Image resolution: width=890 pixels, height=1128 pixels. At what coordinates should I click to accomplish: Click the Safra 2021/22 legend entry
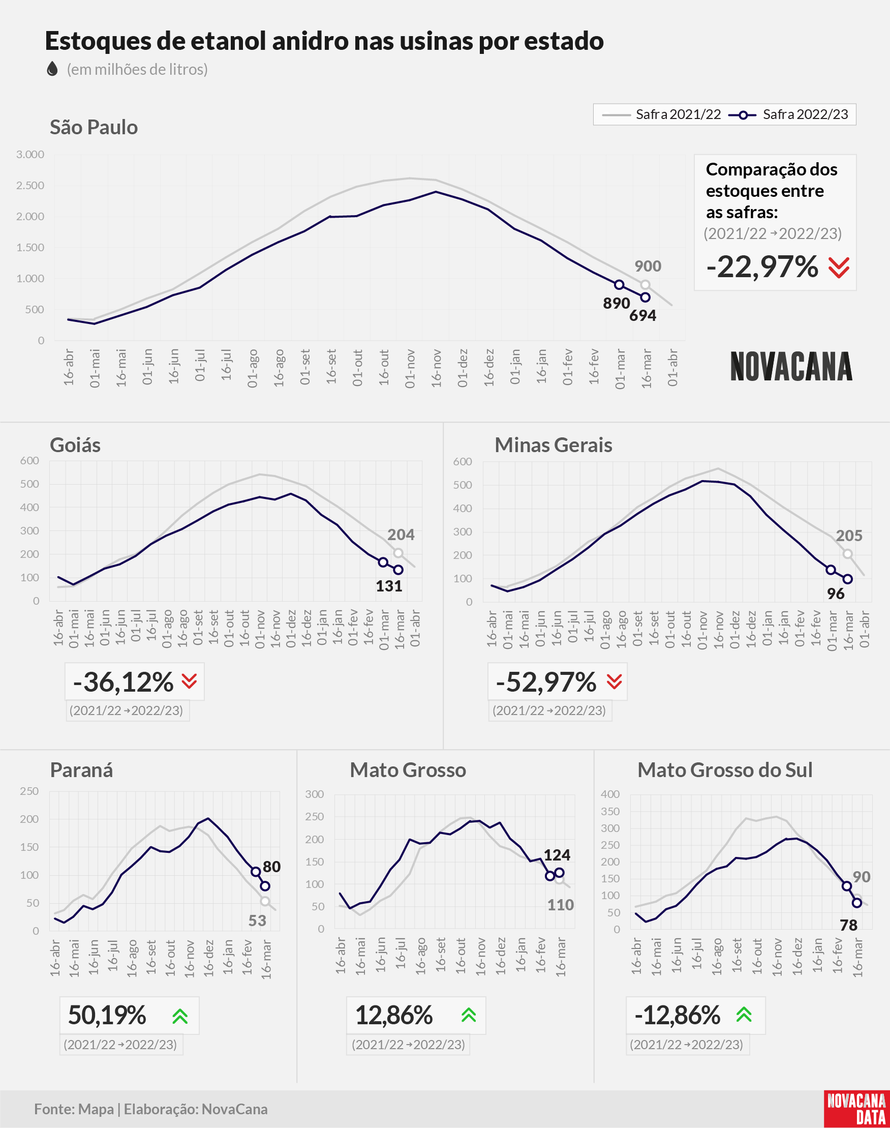click(661, 114)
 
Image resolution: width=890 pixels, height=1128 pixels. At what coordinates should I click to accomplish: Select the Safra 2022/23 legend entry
click(788, 114)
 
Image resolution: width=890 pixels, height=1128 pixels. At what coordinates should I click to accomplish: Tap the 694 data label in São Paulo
click(642, 315)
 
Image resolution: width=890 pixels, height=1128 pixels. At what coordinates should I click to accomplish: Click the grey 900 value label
click(648, 266)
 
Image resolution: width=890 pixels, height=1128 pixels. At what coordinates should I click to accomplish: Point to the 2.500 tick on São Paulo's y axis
click(30, 186)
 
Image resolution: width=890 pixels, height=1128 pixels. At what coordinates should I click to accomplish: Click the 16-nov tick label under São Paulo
click(436, 368)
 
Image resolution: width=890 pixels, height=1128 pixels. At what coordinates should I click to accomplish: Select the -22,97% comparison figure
click(762, 267)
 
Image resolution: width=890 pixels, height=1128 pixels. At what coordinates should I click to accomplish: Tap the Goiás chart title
click(75, 445)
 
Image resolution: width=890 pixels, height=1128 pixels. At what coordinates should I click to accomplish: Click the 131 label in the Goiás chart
click(389, 586)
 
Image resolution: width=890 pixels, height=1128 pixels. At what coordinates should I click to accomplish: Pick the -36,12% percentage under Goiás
click(123, 682)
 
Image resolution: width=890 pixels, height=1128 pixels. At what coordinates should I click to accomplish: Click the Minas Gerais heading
click(554, 445)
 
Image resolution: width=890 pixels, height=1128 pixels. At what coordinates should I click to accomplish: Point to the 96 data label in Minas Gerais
click(835, 593)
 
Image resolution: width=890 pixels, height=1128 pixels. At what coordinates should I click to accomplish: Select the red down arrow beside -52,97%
click(615, 681)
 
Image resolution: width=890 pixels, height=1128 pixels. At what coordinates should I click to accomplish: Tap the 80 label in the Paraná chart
click(271, 866)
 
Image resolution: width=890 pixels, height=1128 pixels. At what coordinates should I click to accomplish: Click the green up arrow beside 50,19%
click(180, 1016)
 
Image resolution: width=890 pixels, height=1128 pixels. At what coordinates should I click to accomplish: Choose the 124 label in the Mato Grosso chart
click(557, 855)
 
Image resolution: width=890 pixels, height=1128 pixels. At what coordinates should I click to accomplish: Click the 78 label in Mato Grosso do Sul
click(848, 925)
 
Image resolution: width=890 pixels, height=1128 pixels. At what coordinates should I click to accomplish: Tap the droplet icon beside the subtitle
click(52, 69)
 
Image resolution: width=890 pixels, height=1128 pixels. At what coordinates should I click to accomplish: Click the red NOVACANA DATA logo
click(856, 1109)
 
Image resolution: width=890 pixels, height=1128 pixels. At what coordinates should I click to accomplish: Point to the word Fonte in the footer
click(54, 1109)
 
